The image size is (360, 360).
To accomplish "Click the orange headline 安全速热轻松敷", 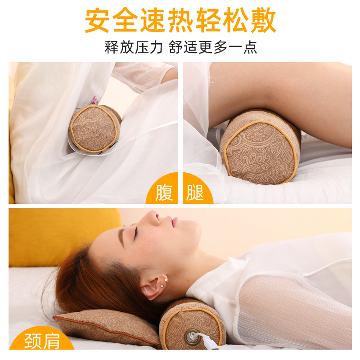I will pos(180,20).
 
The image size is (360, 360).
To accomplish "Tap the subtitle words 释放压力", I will pos(133,47).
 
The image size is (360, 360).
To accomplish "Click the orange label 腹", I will pos(164,192).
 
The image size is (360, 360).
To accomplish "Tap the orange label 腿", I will pos(196,192).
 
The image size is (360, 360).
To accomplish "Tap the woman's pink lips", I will pos(174,221).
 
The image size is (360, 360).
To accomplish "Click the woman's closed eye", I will pos(135,232).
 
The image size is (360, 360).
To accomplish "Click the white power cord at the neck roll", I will pos(209,342).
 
